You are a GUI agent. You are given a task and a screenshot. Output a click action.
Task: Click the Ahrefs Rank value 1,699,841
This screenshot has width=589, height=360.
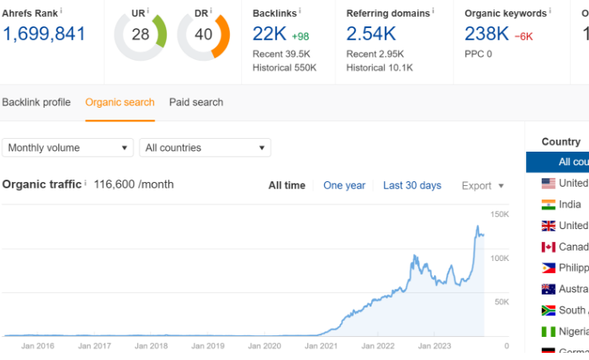tap(44, 34)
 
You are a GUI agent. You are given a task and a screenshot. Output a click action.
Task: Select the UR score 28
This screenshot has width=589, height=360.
tap(140, 34)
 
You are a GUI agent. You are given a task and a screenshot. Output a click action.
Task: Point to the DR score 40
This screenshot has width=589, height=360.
tap(204, 34)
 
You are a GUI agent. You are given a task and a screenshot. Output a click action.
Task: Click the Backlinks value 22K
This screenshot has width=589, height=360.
tap(269, 34)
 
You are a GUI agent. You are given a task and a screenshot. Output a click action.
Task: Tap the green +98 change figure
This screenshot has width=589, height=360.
tap(301, 37)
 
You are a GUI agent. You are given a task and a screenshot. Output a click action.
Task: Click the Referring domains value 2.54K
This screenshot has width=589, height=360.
tap(371, 34)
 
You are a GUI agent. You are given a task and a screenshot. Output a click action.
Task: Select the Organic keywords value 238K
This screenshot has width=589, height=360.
tap(486, 34)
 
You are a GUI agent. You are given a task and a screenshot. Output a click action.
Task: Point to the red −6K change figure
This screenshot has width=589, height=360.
tap(524, 37)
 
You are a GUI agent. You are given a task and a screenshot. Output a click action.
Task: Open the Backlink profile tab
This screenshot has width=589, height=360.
tap(36, 102)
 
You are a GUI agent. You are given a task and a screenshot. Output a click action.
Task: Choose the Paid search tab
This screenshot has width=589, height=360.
tap(196, 102)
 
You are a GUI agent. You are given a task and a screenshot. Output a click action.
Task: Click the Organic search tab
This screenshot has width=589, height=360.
tap(121, 102)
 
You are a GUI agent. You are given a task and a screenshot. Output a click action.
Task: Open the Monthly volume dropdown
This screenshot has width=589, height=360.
tap(69, 148)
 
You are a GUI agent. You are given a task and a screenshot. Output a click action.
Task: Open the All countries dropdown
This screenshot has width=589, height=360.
tap(205, 148)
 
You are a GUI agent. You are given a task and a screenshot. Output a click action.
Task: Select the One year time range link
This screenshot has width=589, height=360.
tap(344, 185)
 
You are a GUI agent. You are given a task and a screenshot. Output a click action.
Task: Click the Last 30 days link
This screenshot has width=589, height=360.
tap(412, 185)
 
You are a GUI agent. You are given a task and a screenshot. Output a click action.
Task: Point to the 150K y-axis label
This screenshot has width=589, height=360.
tap(500, 215)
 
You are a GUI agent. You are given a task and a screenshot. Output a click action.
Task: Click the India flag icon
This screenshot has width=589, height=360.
tap(548, 204)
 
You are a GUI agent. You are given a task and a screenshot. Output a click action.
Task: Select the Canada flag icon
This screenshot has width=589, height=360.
tap(548, 247)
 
